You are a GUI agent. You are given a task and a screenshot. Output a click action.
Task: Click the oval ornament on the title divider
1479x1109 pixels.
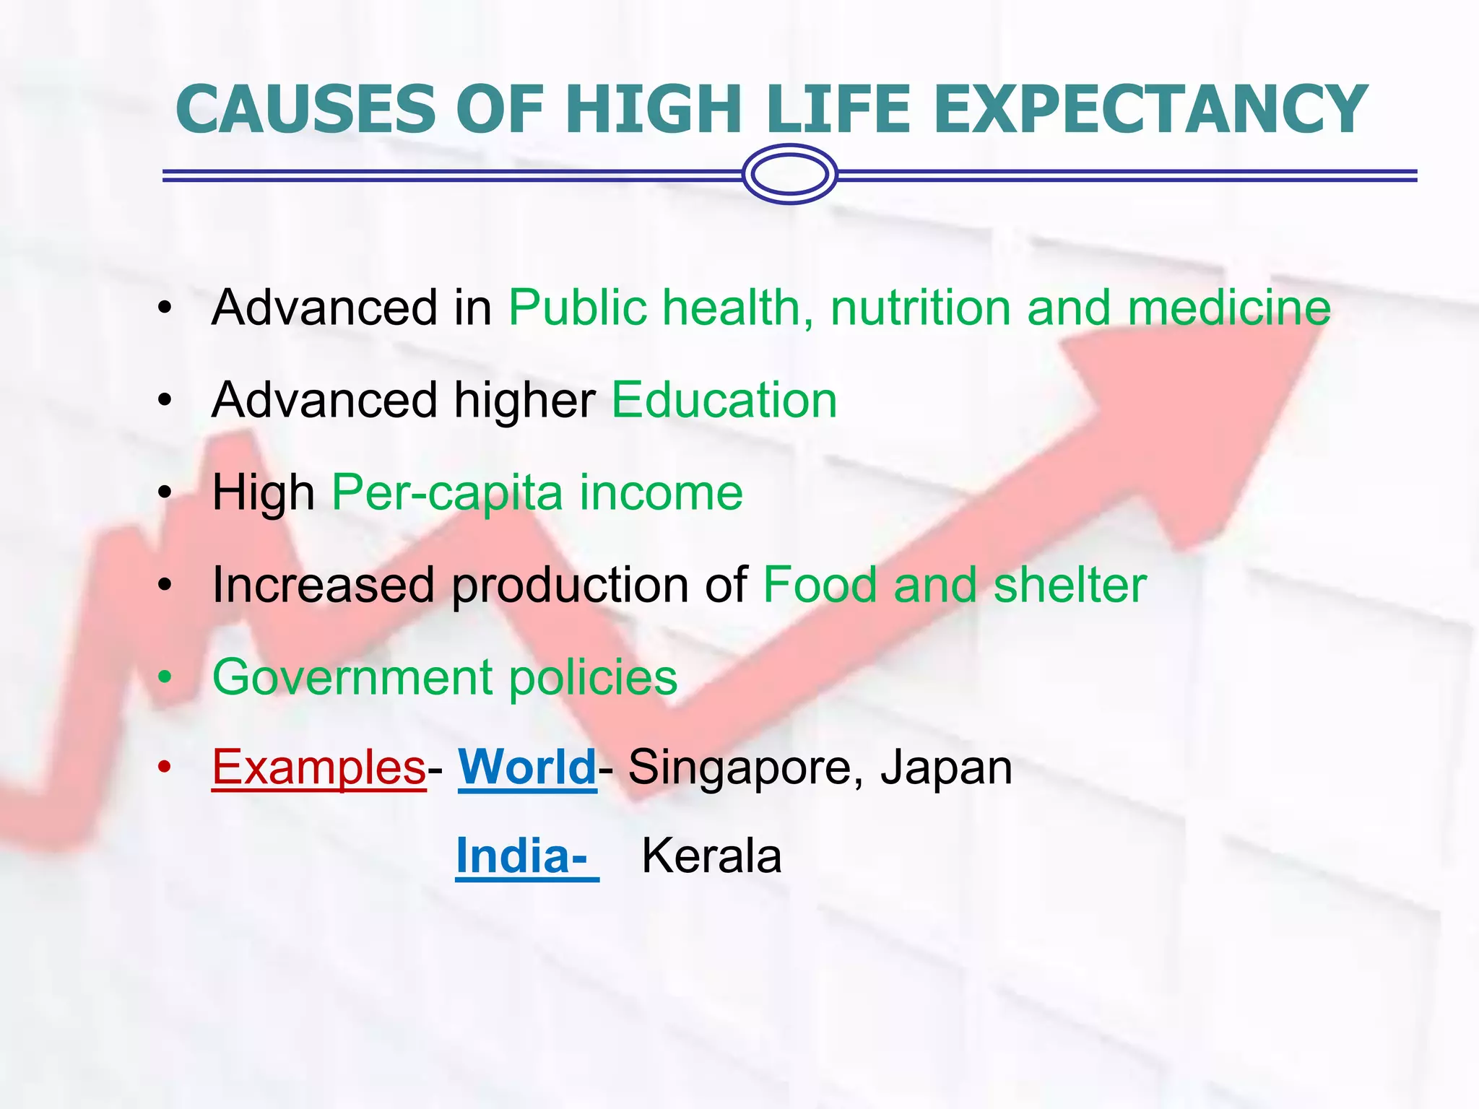tap(789, 175)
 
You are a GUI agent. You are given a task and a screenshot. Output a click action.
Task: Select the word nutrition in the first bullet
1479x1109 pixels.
tap(920, 308)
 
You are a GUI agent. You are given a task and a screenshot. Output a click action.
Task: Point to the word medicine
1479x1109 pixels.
tap(1229, 308)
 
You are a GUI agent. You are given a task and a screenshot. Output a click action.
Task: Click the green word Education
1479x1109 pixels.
tap(724, 400)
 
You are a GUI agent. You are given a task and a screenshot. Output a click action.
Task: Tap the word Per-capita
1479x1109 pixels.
tap(447, 493)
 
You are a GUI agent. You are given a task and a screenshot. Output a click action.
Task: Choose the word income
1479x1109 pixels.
tap(661, 493)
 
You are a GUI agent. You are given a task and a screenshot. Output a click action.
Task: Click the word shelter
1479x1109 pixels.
tap(1070, 585)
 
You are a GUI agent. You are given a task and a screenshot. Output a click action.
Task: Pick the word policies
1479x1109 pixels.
tap(593, 678)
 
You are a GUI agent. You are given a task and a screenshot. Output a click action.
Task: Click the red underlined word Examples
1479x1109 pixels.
tap(318, 767)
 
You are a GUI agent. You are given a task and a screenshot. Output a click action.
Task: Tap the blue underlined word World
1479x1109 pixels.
tap(527, 767)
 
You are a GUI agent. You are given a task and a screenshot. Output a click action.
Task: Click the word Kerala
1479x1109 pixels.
tap(711, 856)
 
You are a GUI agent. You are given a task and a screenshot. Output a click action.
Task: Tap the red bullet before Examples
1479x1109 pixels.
tap(165, 767)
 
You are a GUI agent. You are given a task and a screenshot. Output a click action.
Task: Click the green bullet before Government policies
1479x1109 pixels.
tap(165, 678)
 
